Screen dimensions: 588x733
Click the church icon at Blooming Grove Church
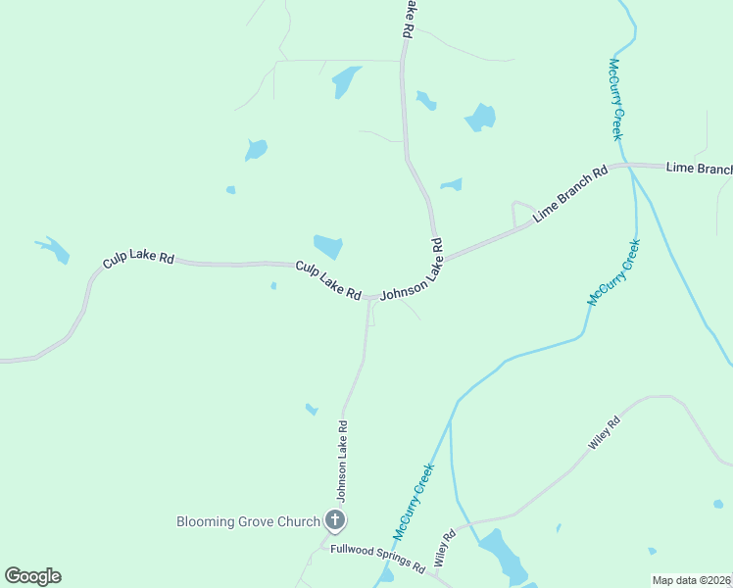(x=334, y=521)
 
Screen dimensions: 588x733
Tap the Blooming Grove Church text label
(x=248, y=521)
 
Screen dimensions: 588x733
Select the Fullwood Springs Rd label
(x=377, y=559)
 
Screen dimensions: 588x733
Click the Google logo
(x=32, y=576)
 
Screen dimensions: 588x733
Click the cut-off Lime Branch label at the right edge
(x=699, y=169)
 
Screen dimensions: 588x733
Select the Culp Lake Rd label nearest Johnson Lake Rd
(x=328, y=280)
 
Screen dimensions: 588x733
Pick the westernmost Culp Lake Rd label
(x=138, y=260)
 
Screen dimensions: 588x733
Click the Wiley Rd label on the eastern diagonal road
(x=605, y=434)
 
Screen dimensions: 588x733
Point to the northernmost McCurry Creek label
(x=616, y=99)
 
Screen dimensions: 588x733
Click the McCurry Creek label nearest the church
(x=414, y=502)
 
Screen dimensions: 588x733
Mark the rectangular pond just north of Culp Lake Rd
(x=328, y=246)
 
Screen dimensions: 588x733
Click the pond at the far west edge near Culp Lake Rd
(x=54, y=250)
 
